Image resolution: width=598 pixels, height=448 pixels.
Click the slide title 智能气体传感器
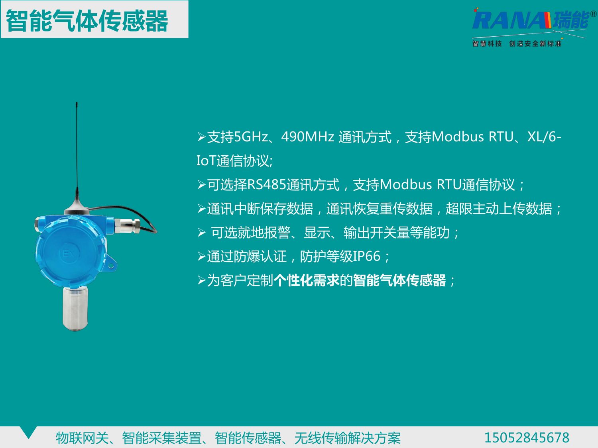[87, 21]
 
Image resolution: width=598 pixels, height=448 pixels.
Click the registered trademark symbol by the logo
[593, 14]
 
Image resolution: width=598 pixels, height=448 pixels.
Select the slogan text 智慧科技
[487, 43]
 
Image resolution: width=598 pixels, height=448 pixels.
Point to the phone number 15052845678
[527, 438]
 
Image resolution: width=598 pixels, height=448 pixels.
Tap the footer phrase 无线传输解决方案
[347, 438]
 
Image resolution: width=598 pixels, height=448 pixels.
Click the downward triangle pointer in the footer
[28, 432]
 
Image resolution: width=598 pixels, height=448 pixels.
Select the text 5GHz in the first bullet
[251, 137]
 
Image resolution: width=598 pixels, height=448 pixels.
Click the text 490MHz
[308, 137]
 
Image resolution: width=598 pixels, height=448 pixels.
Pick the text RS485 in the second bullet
[267, 185]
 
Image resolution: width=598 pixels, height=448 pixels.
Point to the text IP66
[366, 256]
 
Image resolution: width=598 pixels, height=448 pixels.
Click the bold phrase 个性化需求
[307, 280]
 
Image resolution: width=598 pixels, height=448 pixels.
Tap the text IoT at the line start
[206, 161]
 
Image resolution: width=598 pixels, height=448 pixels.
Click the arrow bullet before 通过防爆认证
[202, 256]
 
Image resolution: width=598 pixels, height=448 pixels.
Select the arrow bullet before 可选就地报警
[202, 233]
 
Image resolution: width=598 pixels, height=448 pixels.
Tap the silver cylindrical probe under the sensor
[75, 309]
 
